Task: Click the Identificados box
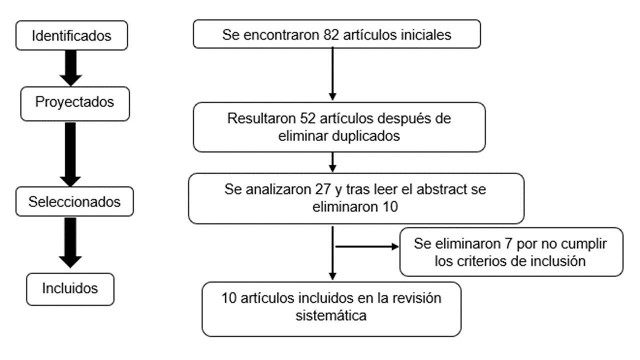[71, 35]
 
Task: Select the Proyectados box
[75, 103]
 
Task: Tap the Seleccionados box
[74, 201]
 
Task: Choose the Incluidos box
[70, 289]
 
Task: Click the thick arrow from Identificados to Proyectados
[71, 68]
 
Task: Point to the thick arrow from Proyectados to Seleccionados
[70, 154]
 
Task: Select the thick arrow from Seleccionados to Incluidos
[70, 242]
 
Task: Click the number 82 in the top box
[331, 35]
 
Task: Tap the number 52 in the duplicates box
[307, 118]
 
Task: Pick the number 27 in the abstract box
[323, 189]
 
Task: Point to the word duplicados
[365, 135]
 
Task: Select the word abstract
[441, 189]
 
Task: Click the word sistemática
[331, 315]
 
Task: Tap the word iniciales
[426, 35]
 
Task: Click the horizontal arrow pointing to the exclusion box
[367, 246]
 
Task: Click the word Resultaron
[261, 118]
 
